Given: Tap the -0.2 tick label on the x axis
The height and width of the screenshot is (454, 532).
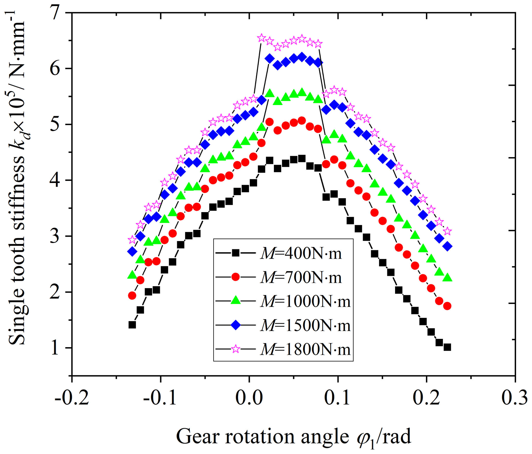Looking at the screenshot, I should point(72,398).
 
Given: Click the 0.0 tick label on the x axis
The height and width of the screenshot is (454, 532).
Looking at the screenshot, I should point(249,398).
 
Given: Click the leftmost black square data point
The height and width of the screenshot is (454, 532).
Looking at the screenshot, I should point(132,325).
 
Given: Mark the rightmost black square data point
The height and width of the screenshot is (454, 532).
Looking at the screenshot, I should point(447,347).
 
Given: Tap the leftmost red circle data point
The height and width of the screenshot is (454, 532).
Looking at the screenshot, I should point(132,295).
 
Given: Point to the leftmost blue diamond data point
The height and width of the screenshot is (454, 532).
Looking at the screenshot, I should point(132,251).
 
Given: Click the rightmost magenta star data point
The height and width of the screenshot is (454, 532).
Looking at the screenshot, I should point(448,231).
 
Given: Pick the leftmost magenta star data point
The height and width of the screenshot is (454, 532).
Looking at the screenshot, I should point(132,240).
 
